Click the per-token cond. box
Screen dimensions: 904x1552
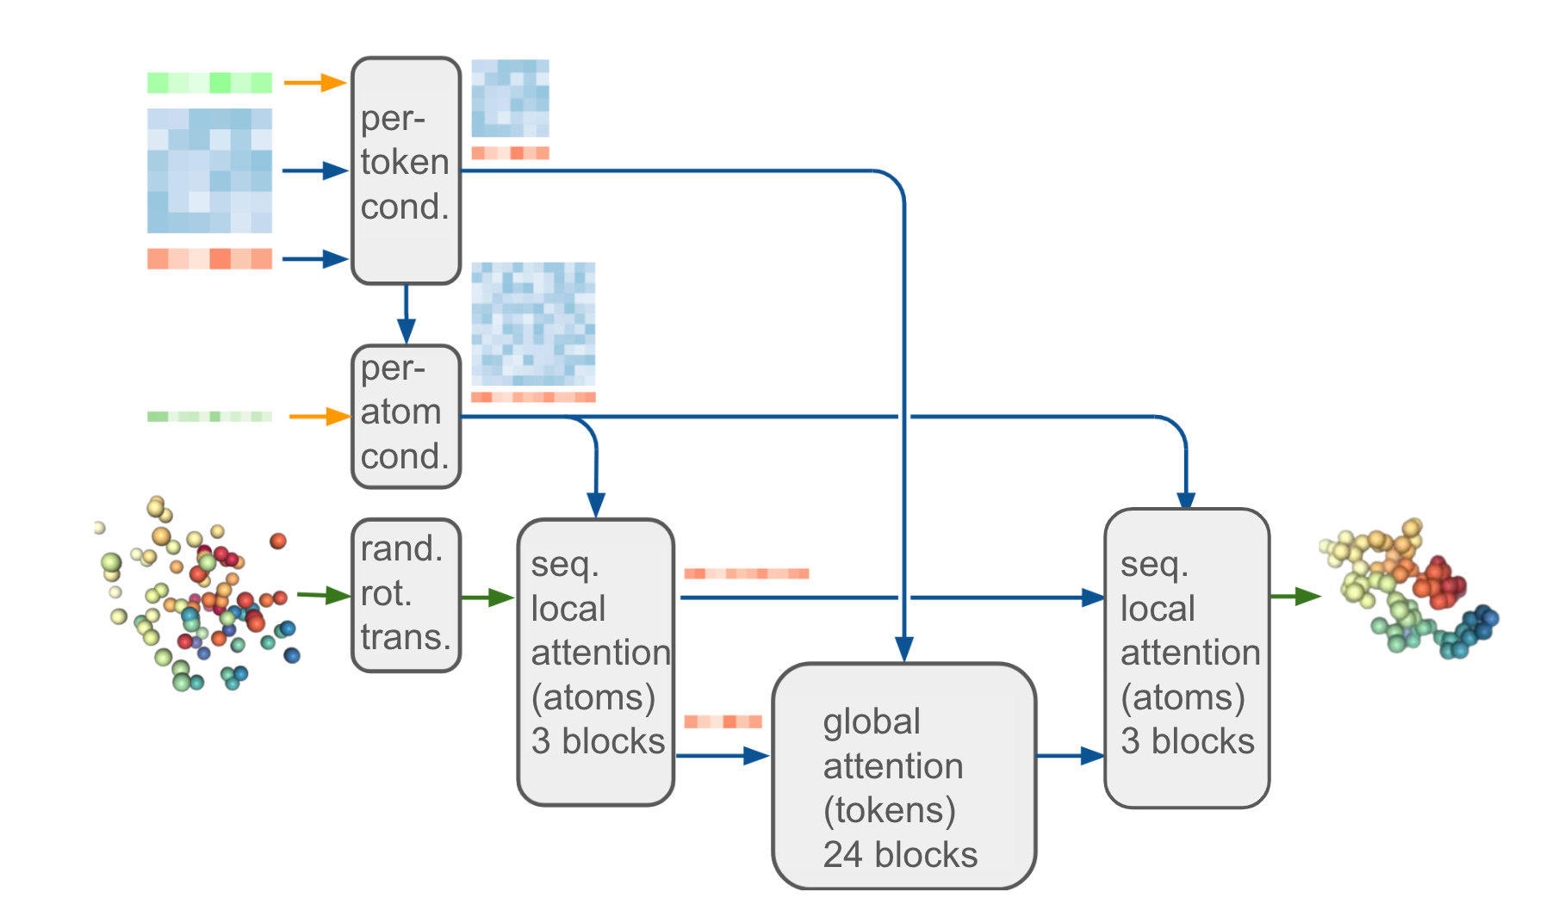(406, 170)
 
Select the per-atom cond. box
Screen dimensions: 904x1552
(406, 417)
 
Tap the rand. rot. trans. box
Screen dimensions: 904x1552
(406, 594)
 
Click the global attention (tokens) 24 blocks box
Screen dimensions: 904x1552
(903, 775)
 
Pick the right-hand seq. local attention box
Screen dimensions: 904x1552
(1186, 658)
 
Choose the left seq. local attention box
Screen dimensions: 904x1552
(595, 661)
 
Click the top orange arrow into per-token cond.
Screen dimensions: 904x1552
(315, 83)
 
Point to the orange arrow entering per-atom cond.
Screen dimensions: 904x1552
(320, 417)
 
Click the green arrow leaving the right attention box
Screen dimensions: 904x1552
(1295, 596)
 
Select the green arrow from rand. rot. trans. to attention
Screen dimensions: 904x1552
(487, 597)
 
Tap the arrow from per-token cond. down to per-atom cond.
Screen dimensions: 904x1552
(406, 314)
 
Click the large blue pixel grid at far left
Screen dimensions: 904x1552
(209, 170)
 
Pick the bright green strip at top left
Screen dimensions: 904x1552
(209, 83)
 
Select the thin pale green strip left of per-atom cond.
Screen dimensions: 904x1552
(209, 417)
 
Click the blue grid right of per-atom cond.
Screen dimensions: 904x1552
(533, 325)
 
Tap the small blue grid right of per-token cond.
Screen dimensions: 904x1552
(510, 97)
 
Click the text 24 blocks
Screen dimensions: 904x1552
(900, 855)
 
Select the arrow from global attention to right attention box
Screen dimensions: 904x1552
(1070, 756)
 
